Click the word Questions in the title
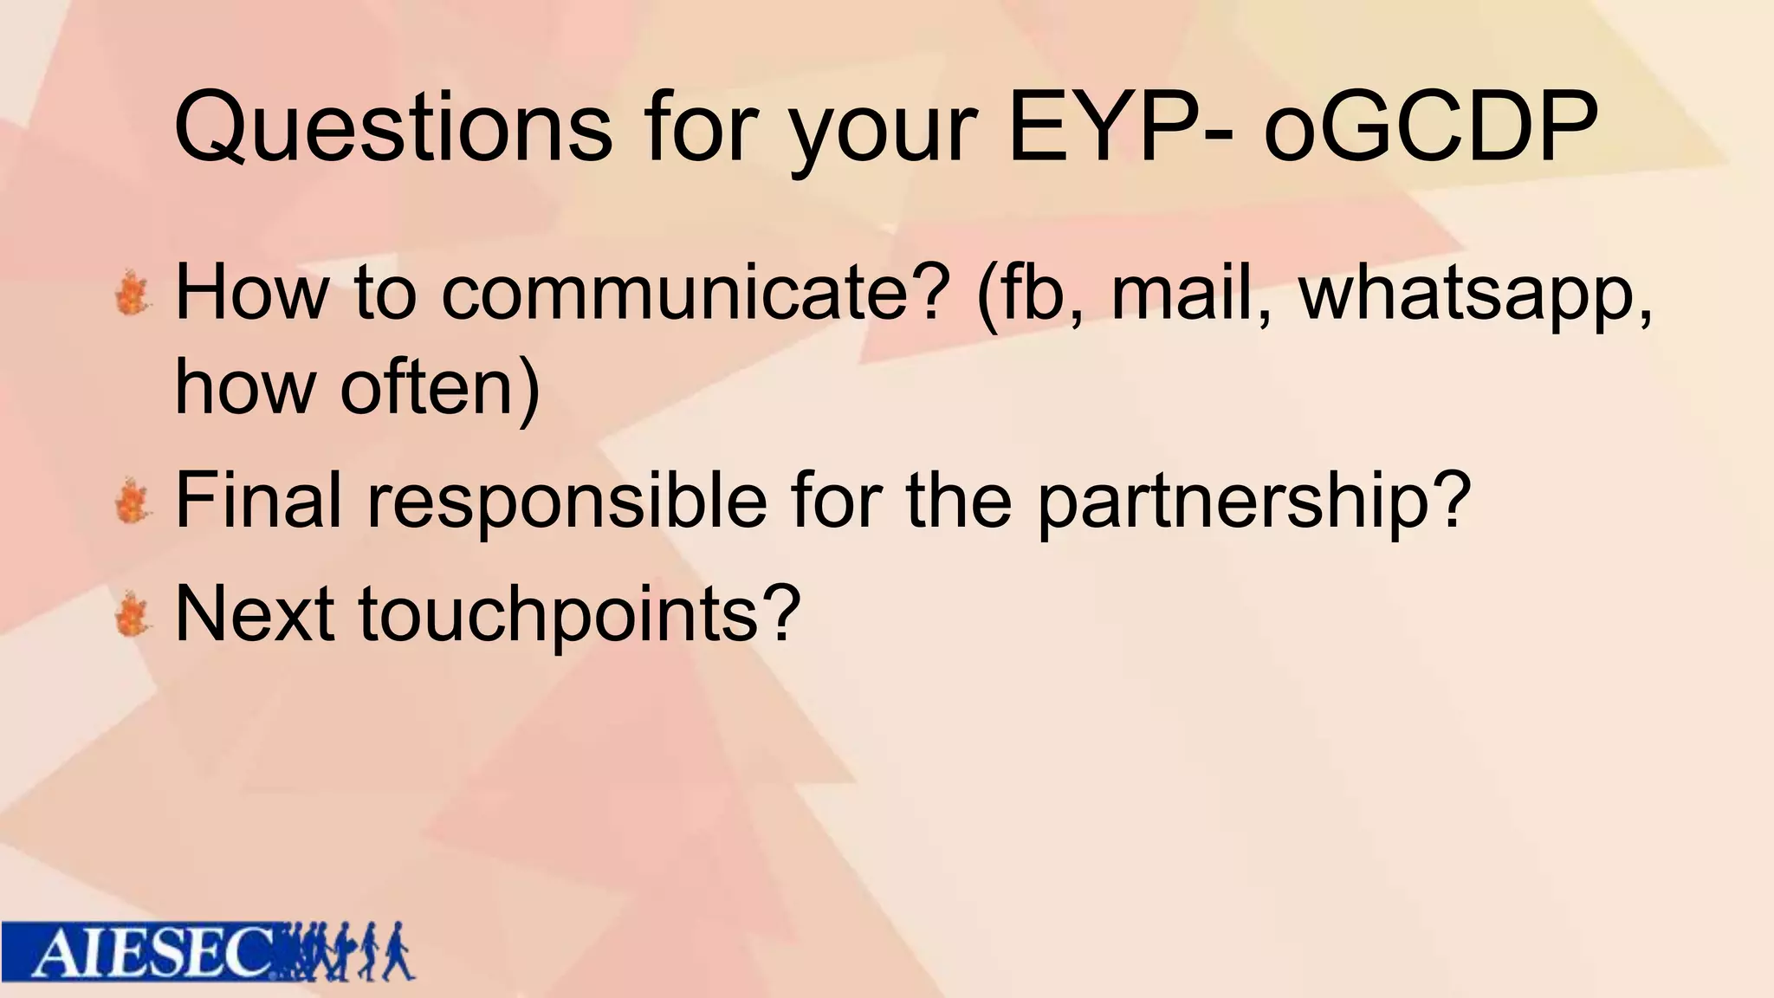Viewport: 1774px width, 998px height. point(393,127)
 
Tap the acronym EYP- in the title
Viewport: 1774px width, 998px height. point(1123,127)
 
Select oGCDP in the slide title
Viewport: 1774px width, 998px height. point(1430,127)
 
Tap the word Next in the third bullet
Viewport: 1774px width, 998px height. point(255,613)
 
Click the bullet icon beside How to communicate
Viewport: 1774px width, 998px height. point(133,293)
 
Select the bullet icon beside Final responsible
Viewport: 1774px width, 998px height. point(133,500)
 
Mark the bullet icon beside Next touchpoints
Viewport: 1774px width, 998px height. point(133,614)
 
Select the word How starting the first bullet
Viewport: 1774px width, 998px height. point(252,292)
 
